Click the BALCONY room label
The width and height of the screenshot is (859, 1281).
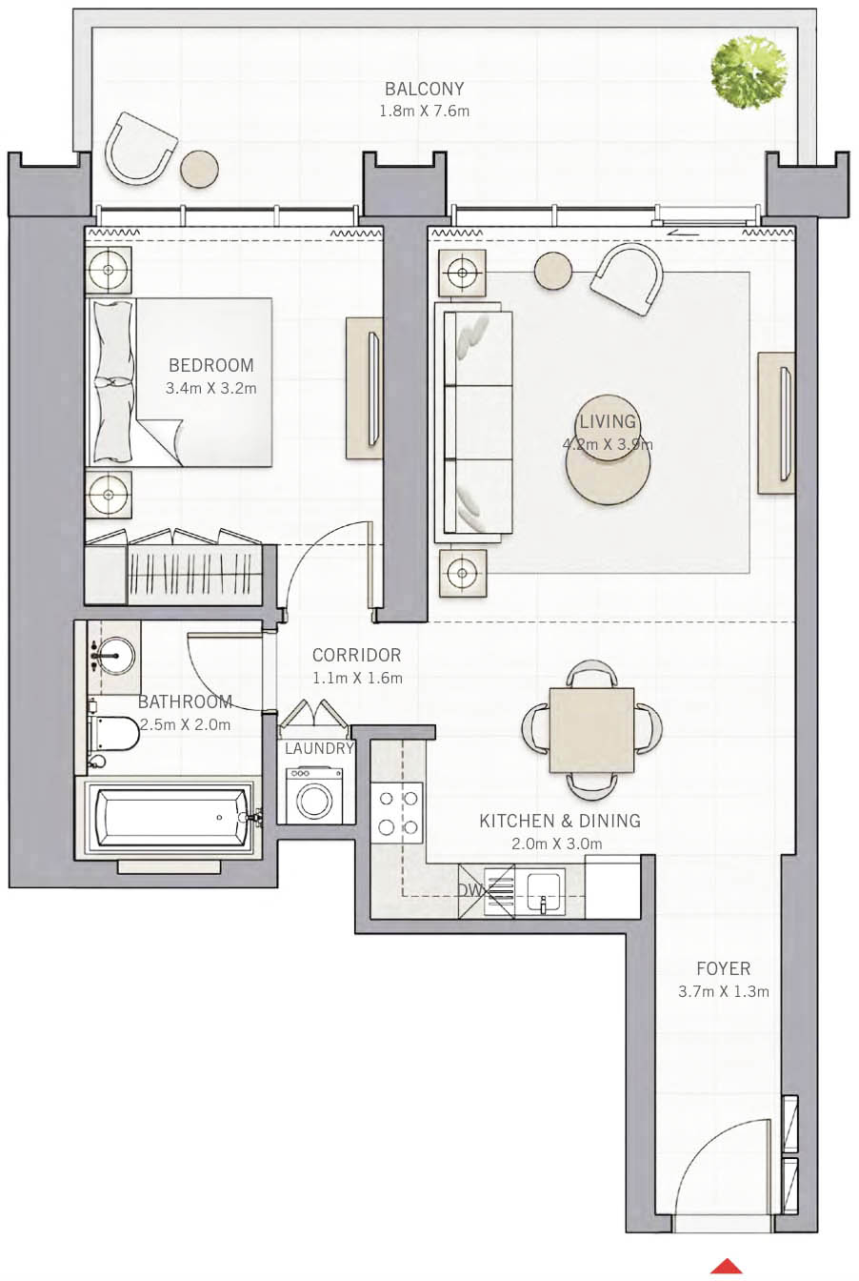pyautogui.click(x=424, y=89)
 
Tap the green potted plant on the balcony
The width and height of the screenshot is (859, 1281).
pyautogui.click(x=749, y=73)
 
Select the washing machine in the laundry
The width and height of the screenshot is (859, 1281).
pyautogui.click(x=313, y=796)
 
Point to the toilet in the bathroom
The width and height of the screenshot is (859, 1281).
pyautogui.click(x=113, y=733)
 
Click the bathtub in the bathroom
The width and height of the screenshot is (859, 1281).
pyautogui.click(x=171, y=818)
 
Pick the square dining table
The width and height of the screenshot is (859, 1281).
pyautogui.click(x=591, y=730)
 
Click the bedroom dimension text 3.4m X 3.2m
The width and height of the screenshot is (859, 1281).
pyautogui.click(x=210, y=388)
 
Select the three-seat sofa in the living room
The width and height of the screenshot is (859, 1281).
pyautogui.click(x=474, y=422)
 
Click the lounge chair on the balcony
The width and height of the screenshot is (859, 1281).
pyautogui.click(x=141, y=147)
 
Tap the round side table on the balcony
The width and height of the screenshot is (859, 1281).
pyautogui.click(x=199, y=169)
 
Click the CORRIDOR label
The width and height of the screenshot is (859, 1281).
pyautogui.click(x=356, y=655)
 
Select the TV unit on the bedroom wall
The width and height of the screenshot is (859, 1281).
pyautogui.click(x=364, y=388)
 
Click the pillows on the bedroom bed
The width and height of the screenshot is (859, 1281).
pyautogui.click(x=112, y=381)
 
